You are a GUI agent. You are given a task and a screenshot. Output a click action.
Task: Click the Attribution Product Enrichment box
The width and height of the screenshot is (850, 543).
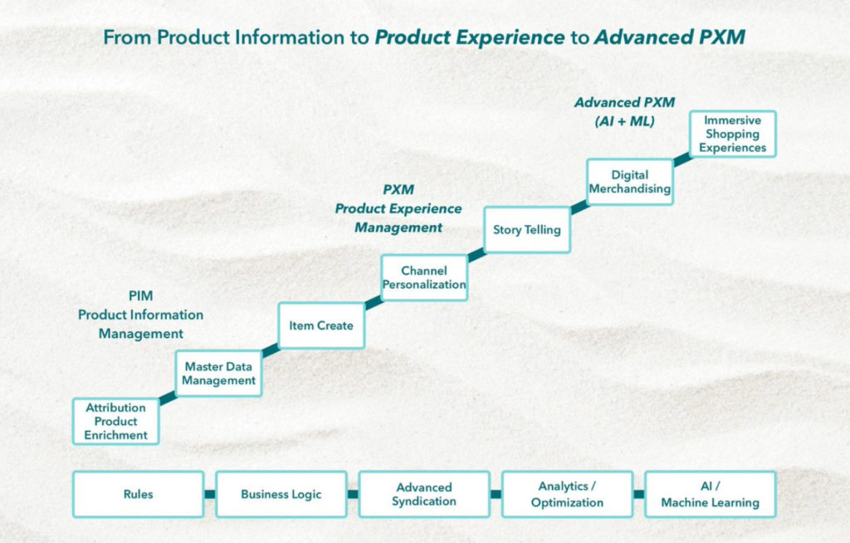click(115, 421)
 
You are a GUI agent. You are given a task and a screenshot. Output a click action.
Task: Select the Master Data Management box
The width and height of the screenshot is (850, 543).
click(219, 373)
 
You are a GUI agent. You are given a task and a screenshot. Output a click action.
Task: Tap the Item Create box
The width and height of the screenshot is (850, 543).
click(321, 325)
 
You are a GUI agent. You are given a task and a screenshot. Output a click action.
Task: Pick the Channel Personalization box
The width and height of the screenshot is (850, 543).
click(424, 277)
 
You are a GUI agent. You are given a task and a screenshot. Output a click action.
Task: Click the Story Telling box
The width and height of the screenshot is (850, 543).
click(527, 229)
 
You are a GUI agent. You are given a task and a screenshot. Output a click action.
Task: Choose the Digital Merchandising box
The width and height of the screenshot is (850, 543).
click(629, 182)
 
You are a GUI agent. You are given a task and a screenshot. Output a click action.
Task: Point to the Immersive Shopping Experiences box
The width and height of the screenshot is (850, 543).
click(732, 134)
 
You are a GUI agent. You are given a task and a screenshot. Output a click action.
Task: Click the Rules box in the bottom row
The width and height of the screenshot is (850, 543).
click(138, 494)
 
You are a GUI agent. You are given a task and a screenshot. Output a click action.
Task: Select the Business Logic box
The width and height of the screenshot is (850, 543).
click(281, 494)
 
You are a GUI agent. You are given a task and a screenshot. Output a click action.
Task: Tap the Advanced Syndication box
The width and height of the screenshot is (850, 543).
click(424, 494)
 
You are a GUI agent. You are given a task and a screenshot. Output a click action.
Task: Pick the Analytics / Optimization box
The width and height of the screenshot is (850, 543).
click(568, 494)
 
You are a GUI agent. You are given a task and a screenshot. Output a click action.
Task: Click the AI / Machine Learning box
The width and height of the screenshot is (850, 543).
click(710, 494)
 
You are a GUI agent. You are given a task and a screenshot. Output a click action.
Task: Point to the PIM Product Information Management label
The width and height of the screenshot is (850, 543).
click(140, 315)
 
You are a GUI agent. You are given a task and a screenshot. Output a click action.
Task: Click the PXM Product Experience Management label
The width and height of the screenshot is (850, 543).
click(398, 208)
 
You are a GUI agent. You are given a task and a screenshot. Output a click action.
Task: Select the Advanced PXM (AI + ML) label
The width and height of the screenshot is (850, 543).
click(625, 111)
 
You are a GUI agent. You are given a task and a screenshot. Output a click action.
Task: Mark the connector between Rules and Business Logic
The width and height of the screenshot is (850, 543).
click(210, 494)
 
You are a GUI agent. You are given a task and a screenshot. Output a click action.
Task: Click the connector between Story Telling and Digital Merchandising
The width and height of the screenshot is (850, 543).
click(579, 206)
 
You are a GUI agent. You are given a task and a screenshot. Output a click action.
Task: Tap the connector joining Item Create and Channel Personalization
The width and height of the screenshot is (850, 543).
click(373, 302)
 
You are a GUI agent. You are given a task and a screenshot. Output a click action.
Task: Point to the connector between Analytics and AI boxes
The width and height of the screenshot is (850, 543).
click(639, 494)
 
